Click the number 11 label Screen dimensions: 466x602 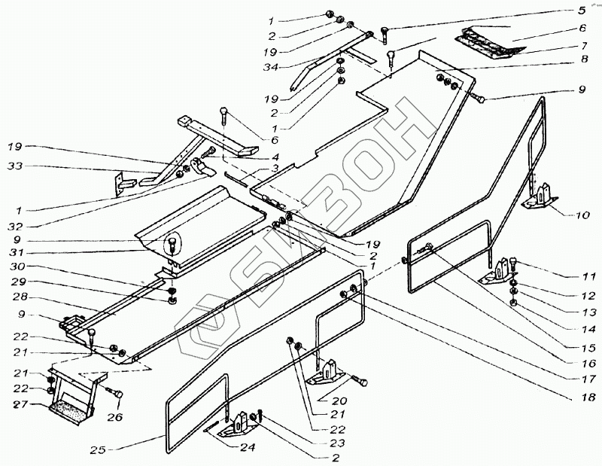tap(586, 276)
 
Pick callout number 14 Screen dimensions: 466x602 tap(586, 329)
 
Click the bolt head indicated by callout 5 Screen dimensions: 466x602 tap(386, 31)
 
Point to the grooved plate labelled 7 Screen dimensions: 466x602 tap(489, 43)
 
